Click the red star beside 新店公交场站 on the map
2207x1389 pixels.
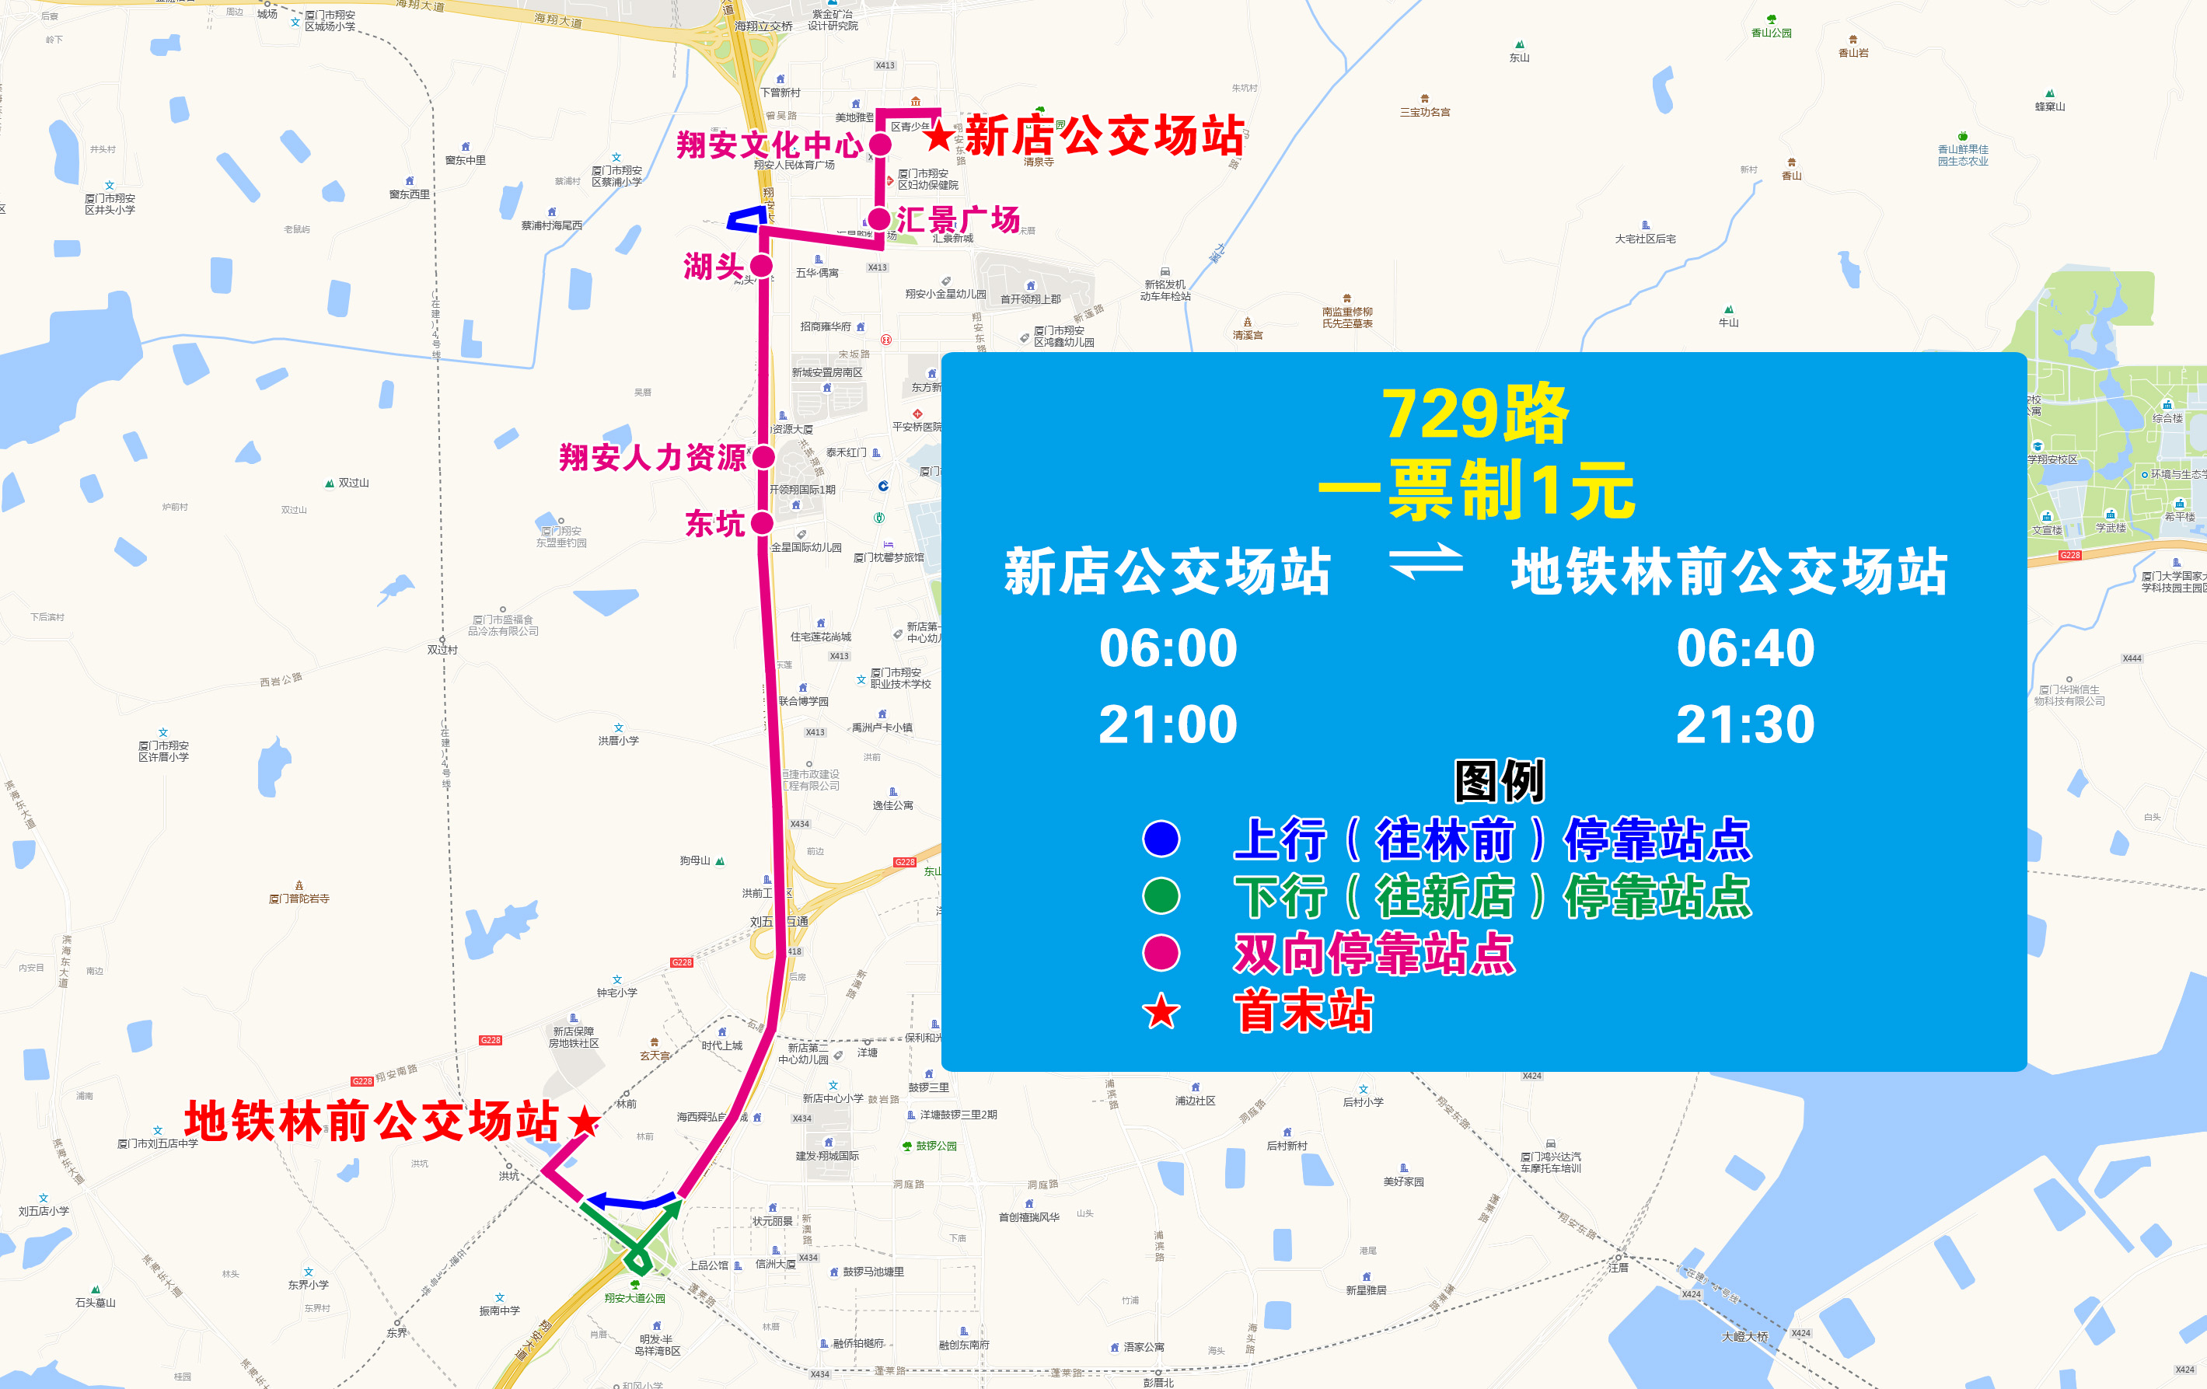point(938,138)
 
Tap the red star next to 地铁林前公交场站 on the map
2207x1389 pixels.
point(584,1121)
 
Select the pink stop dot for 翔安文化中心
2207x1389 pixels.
point(880,145)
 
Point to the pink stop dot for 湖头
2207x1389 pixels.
point(761,266)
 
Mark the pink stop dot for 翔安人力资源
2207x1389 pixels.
point(763,456)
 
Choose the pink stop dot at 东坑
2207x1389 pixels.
point(762,523)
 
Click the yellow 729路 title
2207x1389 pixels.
point(1475,414)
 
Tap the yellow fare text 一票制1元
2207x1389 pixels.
point(1475,490)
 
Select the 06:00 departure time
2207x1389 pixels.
point(1168,649)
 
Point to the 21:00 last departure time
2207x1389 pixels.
point(1168,724)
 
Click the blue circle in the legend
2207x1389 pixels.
point(1161,839)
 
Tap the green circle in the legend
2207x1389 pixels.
point(1161,896)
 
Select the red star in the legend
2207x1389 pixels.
point(1161,1011)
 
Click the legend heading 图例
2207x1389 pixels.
point(1500,781)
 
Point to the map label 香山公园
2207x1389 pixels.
point(1771,33)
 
